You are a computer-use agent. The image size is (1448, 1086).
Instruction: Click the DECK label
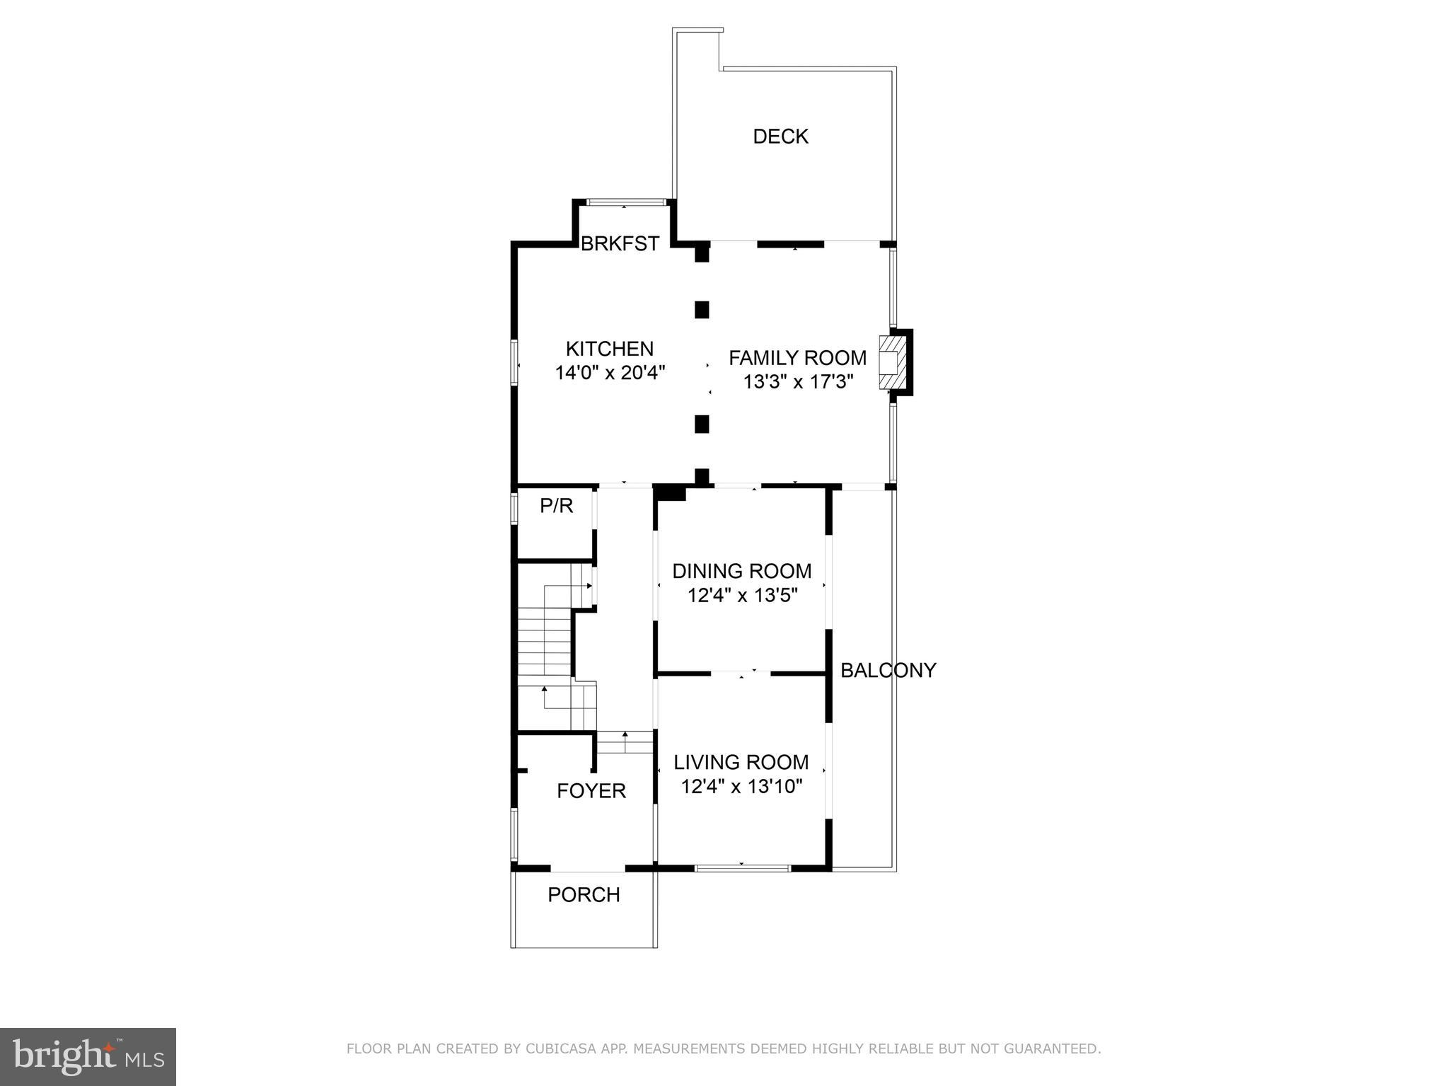click(x=780, y=137)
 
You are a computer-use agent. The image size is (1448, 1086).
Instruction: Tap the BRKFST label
click(x=620, y=244)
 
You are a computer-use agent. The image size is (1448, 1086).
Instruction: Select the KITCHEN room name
click(x=609, y=349)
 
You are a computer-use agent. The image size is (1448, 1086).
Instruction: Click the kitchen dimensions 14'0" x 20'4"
click(x=610, y=373)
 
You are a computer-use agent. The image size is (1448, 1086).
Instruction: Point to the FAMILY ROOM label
click(x=797, y=358)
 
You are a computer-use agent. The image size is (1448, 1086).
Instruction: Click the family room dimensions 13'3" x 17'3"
click(x=798, y=382)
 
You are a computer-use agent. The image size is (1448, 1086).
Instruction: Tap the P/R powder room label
click(x=556, y=506)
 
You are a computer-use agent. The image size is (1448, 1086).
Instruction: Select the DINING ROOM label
click(x=741, y=571)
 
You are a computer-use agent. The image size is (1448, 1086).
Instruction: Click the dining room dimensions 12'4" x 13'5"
click(x=742, y=596)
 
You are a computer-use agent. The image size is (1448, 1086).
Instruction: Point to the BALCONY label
click(x=888, y=670)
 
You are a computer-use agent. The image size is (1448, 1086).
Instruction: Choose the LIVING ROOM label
click(x=741, y=762)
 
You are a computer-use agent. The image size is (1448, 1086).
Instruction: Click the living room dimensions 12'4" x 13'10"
click(x=741, y=786)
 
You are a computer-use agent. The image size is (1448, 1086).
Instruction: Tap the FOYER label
click(x=591, y=791)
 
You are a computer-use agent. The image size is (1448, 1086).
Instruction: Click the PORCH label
click(x=584, y=895)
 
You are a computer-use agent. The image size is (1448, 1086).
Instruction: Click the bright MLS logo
click(x=88, y=1057)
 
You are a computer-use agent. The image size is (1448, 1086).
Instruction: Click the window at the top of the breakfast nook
click(x=624, y=203)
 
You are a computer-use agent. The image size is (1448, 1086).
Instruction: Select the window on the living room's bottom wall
click(x=742, y=867)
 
